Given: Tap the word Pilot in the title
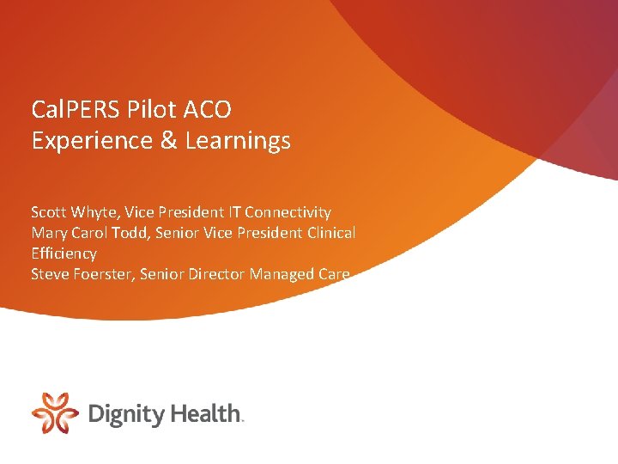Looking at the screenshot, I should point(151,110).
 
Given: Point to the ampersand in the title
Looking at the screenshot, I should point(167,141).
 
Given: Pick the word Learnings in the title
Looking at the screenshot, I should point(238,141).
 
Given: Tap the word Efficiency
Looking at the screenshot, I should point(64,253).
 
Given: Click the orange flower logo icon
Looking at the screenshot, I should point(55,412).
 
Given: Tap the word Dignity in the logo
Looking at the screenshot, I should point(126,414).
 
